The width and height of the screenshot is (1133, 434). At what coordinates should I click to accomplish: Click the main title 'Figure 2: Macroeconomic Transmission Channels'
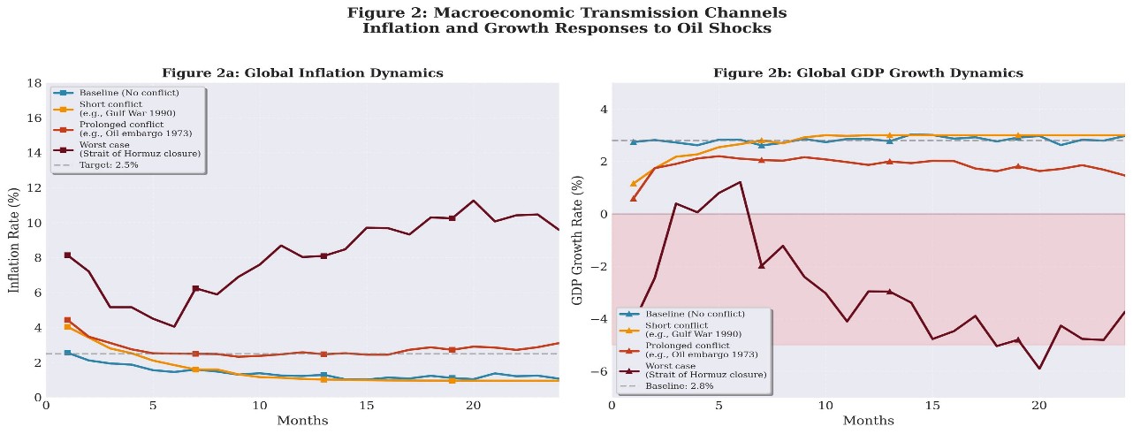coord(566,12)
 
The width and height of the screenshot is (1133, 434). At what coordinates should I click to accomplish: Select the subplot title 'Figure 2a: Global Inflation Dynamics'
coord(301,72)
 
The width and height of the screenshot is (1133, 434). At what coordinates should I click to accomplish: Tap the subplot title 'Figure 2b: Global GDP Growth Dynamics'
coord(868,72)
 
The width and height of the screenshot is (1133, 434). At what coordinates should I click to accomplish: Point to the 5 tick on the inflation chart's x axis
coord(153,405)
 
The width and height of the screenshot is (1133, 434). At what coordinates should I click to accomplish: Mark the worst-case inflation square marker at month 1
coord(67,255)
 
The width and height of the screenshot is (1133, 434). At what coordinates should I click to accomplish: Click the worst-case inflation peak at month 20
coord(473,201)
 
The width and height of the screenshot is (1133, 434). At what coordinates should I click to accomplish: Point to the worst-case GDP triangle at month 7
coord(761,265)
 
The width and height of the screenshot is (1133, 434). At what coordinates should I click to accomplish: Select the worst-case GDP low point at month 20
coord(1039,368)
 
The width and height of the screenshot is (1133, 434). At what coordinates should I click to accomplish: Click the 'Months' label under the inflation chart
coord(301,421)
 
